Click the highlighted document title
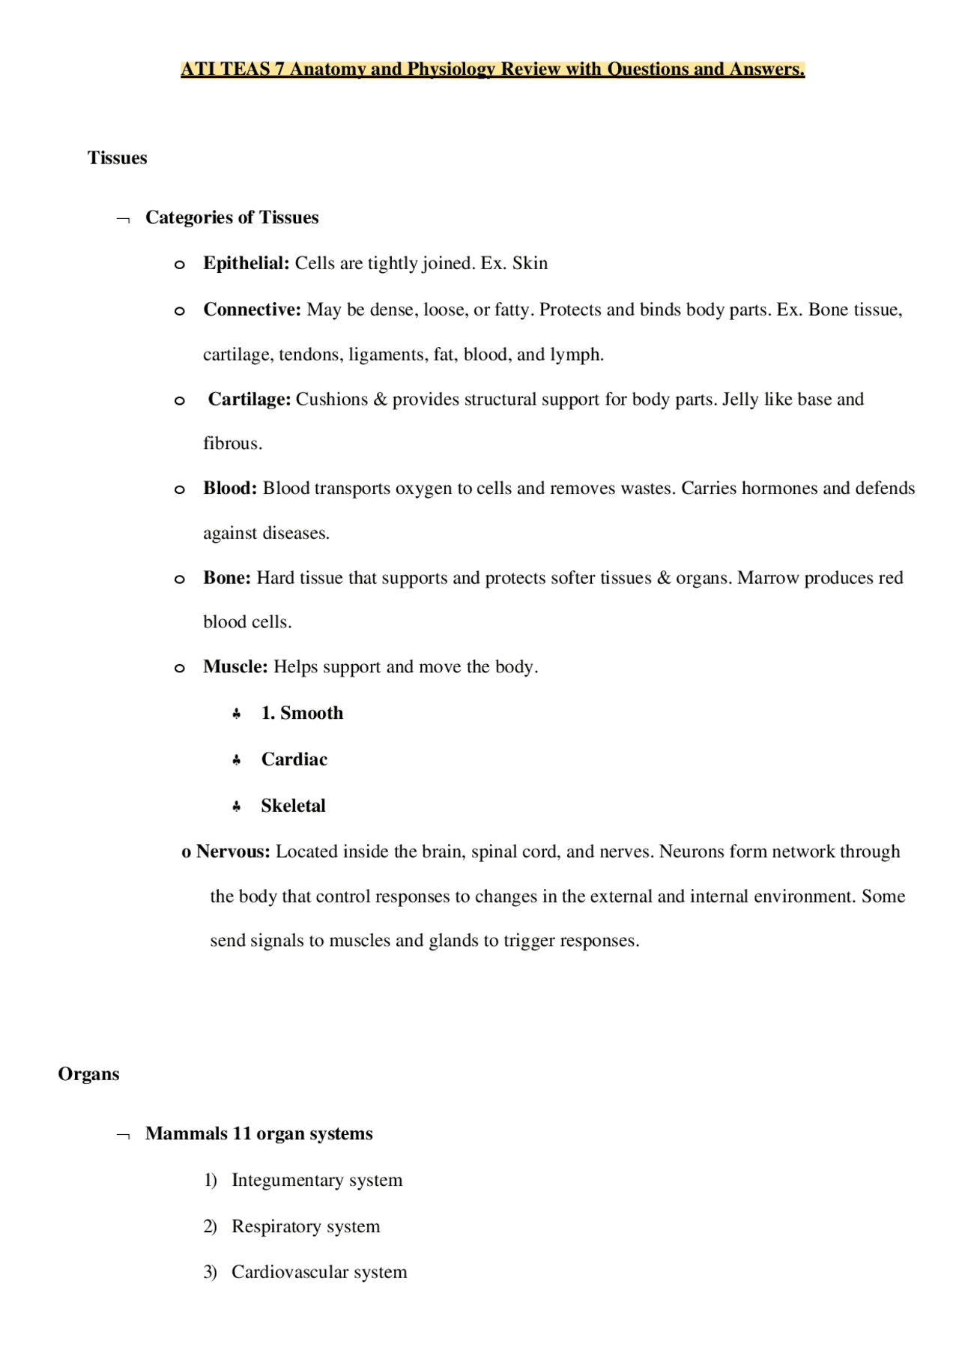click(x=492, y=69)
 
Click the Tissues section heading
click(x=117, y=158)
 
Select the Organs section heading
click(x=88, y=1074)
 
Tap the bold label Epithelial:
click(x=246, y=263)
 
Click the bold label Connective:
click(x=252, y=310)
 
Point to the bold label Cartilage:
click(x=249, y=399)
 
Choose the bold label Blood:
click(x=230, y=488)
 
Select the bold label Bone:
click(x=227, y=578)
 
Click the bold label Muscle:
click(x=235, y=667)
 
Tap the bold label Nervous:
click(x=232, y=852)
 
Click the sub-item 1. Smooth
click(x=302, y=713)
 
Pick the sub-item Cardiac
click(x=294, y=759)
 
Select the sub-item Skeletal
click(x=293, y=806)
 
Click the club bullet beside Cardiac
click(x=236, y=760)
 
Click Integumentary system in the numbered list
click(x=316, y=1180)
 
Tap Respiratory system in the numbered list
click(x=305, y=1226)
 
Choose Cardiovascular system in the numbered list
click(x=318, y=1272)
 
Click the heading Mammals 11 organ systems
click(x=258, y=1133)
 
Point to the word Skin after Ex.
click(x=530, y=263)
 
